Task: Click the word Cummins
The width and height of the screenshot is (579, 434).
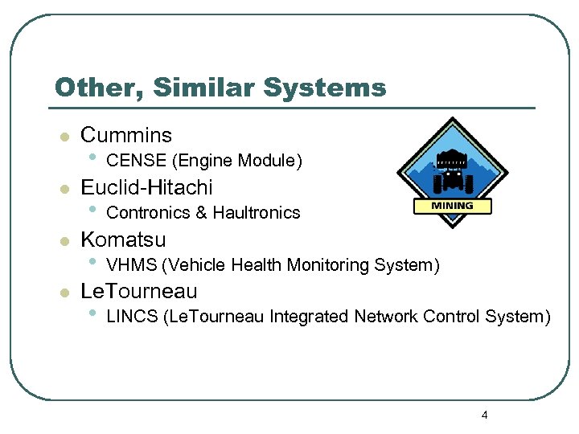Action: pos(126,135)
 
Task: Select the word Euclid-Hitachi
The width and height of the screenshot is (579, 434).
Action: pos(146,187)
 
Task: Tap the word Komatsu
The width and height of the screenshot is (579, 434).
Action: pos(123,240)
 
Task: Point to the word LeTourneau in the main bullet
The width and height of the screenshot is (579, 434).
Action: pos(138,291)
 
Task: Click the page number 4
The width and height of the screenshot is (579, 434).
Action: pos(484,416)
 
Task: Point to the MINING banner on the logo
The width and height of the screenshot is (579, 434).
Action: pos(452,206)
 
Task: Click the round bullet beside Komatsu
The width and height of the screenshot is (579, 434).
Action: pos(64,241)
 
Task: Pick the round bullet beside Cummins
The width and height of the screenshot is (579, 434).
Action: pos(64,137)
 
